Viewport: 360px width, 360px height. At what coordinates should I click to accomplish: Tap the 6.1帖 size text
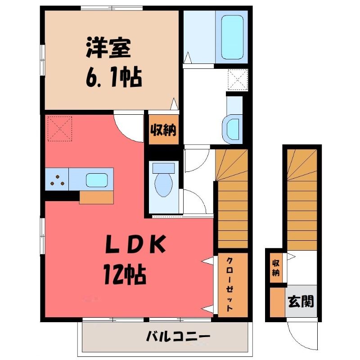[114, 76]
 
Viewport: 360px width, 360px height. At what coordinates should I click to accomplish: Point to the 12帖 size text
[125, 274]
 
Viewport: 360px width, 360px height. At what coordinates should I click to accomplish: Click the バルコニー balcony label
[178, 337]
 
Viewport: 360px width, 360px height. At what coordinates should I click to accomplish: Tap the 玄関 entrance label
[301, 301]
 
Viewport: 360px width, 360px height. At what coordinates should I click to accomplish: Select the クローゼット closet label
[229, 285]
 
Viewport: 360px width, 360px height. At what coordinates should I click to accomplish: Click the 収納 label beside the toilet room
[163, 130]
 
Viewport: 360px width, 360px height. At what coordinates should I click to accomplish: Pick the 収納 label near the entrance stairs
[276, 268]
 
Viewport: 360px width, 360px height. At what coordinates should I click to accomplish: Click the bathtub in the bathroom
[232, 37]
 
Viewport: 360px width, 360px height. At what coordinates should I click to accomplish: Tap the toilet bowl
[164, 184]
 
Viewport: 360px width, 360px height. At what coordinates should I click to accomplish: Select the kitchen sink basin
[97, 180]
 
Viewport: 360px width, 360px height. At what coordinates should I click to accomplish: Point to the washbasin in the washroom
[232, 130]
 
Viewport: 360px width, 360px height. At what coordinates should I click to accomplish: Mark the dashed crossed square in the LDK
[60, 129]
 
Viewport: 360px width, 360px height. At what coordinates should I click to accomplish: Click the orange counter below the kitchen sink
[96, 197]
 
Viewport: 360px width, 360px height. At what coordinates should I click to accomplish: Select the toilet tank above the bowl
[163, 168]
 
